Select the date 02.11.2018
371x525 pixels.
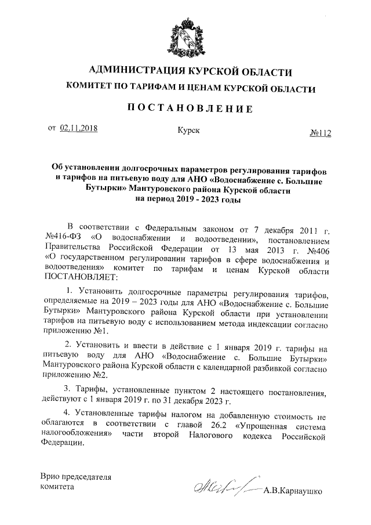point(78,129)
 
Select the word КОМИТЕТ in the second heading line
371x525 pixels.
point(90,89)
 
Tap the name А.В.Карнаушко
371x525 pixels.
point(293,493)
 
